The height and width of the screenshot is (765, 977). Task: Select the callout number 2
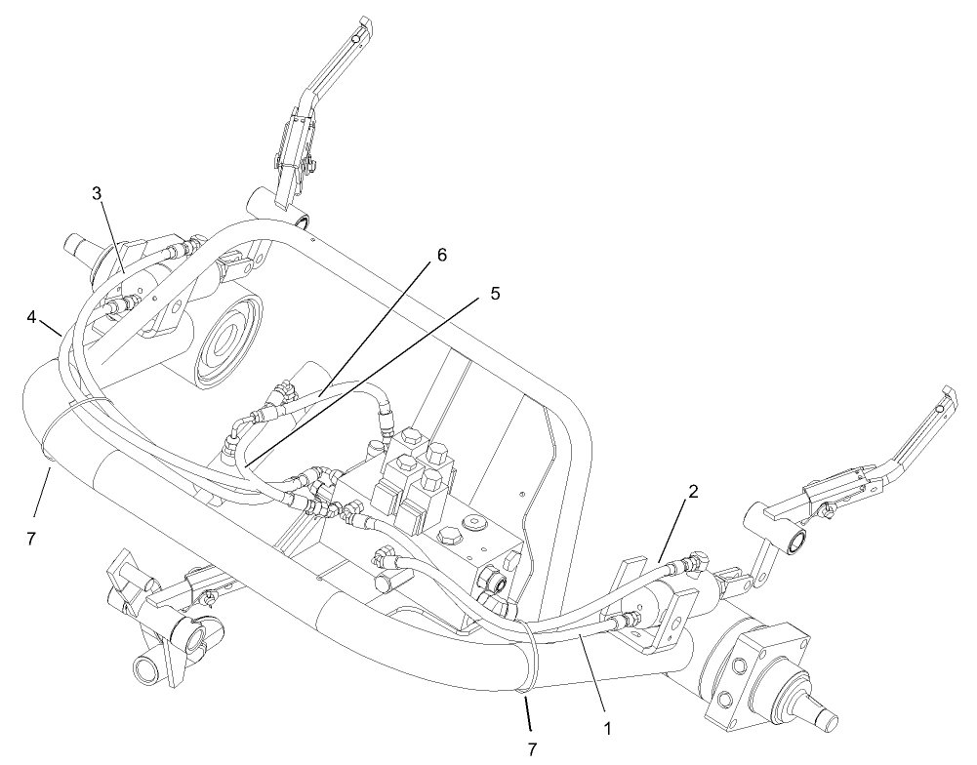pos(691,493)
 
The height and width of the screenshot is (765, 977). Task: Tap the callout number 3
pos(98,193)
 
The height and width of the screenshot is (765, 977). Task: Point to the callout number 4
pos(31,316)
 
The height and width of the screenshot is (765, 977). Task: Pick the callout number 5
pos(495,294)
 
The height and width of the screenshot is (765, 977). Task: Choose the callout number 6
pos(441,255)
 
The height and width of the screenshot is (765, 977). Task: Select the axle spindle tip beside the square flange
pos(820,717)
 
